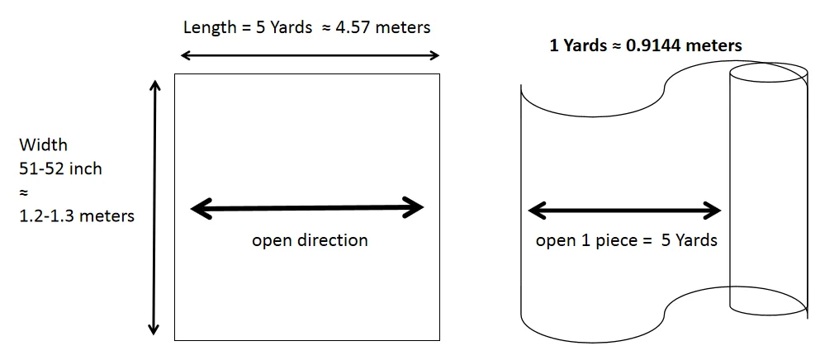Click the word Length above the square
click(x=206, y=27)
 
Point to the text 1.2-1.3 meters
click(x=77, y=216)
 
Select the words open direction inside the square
click(x=310, y=241)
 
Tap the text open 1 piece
click(x=578, y=241)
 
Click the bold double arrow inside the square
click(x=307, y=208)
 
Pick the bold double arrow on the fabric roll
click(x=624, y=211)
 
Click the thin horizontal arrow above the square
click(x=310, y=55)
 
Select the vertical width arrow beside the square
click(x=154, y=206)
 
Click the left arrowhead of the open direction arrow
click(x=199, y=208)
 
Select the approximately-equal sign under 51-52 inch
click(x=23, y=192)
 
